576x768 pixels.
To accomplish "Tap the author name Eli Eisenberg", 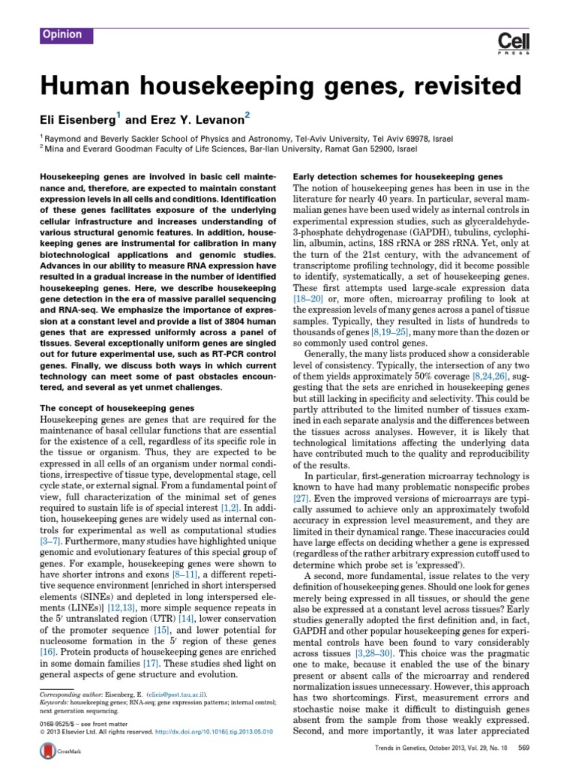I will click(75, 118).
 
